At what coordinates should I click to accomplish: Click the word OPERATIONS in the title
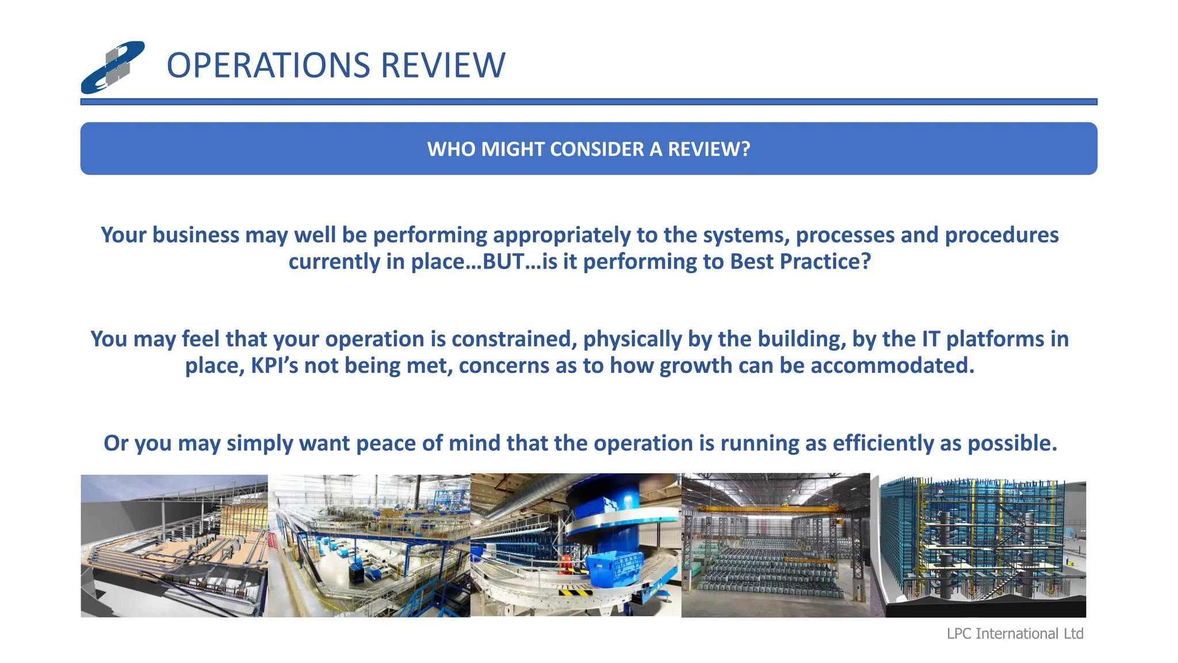(x=268, y=65)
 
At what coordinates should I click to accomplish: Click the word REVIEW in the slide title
(x=443, y=65)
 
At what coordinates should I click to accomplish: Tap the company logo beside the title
(x=113, y=67)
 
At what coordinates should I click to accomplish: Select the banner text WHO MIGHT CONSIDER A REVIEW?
(x=588, y=149)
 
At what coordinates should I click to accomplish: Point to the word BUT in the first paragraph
(x=503, y=262)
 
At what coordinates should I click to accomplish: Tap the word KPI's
(x=274, y=366)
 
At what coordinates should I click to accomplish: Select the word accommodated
(x=892, y=366)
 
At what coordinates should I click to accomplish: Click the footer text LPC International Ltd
(x=1015, y=634)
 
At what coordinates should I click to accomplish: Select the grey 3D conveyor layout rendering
(x=174, y=546)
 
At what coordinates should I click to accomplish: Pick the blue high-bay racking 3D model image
(x=978, y=546)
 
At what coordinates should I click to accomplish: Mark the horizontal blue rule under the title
(x=588, y=102)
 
